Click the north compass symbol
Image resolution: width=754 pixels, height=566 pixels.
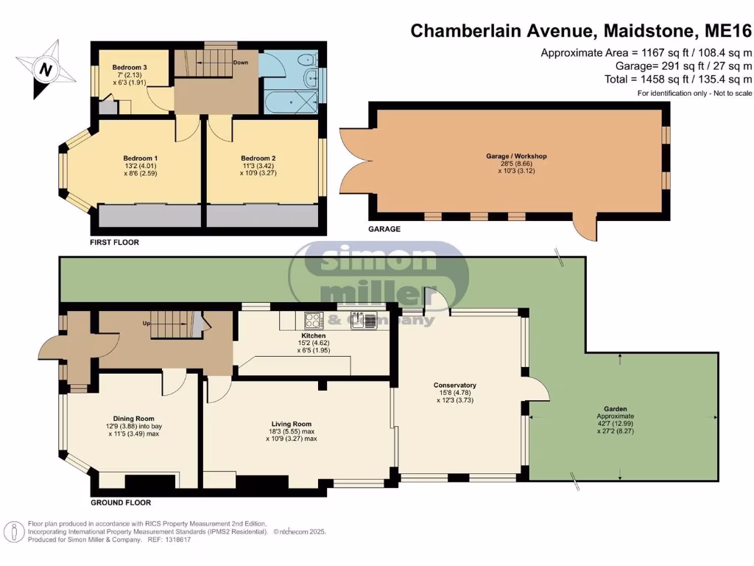click(x=46, y=70)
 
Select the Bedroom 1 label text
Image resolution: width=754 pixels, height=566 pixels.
click(x=140, y=158)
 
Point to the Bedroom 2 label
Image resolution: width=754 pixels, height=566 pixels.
click(x=258, y=158)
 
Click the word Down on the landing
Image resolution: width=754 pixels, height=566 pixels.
click(x=241, y=63)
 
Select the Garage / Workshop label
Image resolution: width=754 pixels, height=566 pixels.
click(x=516, y=156)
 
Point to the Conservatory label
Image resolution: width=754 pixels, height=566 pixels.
click(x=454, y=385)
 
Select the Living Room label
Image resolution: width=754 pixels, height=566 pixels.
click(x=292, y=424)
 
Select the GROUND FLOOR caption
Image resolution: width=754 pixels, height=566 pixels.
click(x=121, y=503)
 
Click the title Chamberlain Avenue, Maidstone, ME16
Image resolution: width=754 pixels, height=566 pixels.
click(x=581, y=31)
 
